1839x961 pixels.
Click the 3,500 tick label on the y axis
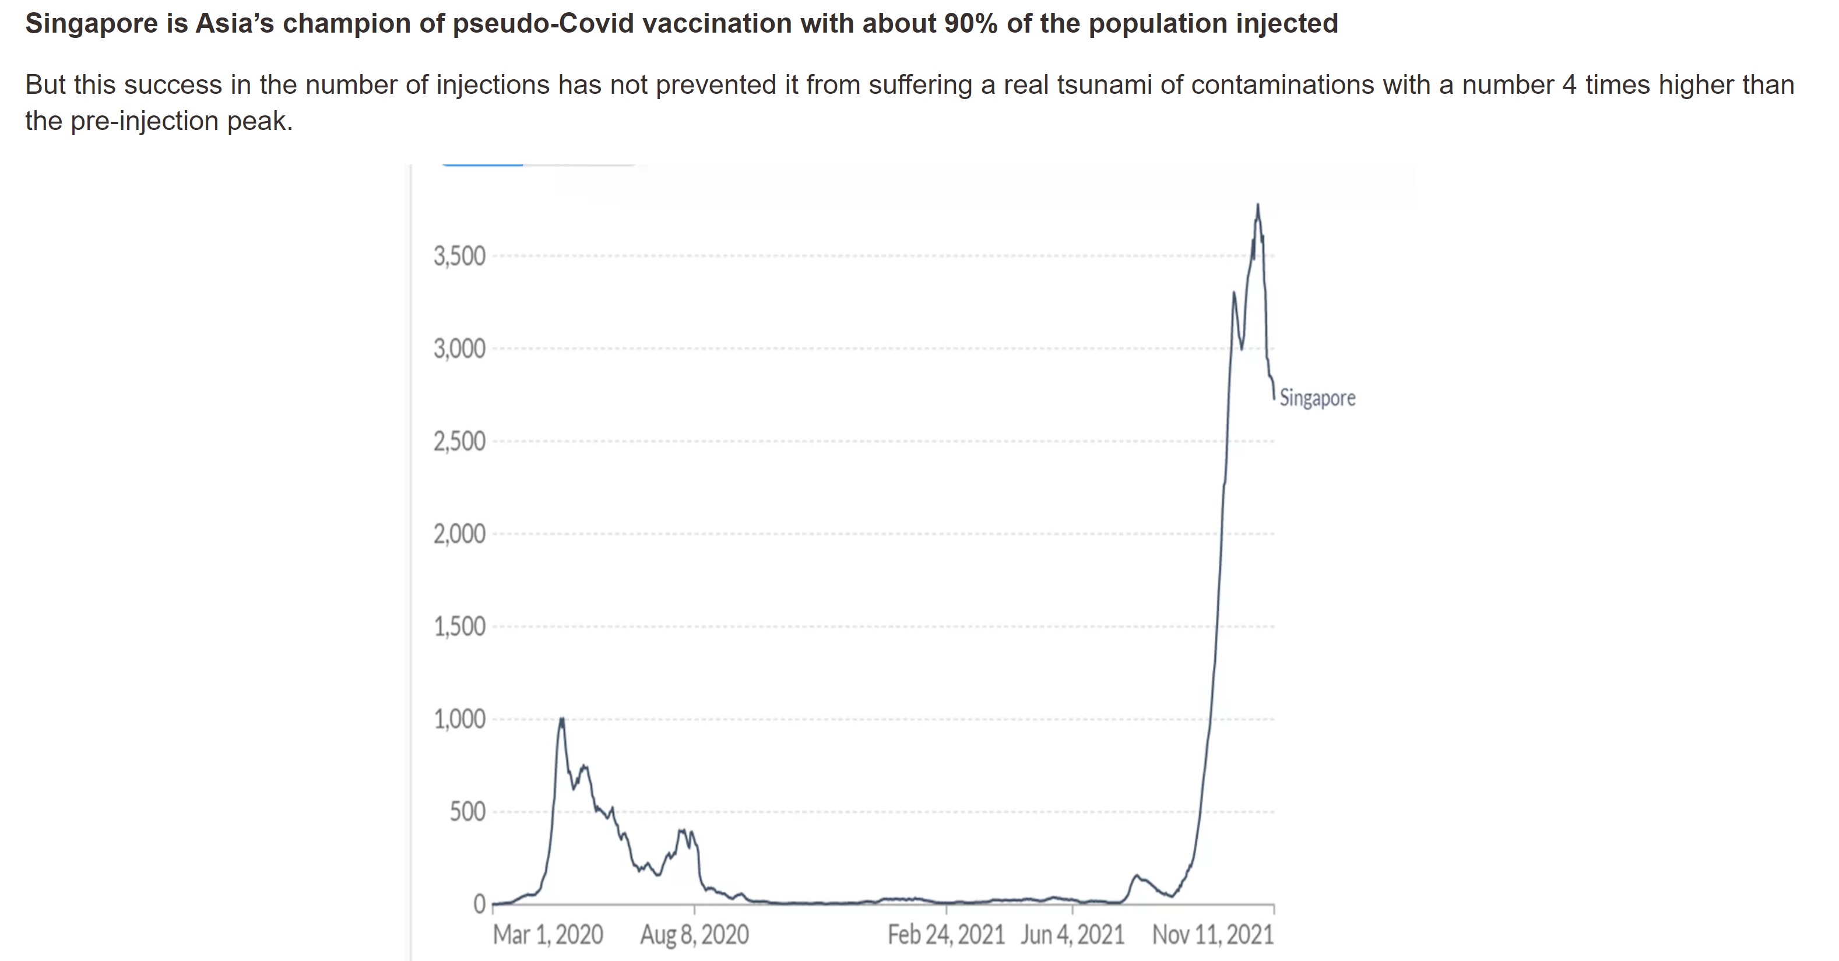point(459,256)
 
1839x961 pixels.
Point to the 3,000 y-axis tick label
point(459,349)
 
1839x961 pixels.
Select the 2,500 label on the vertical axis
point(459,442)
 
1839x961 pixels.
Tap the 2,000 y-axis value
point(459,534)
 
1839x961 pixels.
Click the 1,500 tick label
point(459,627)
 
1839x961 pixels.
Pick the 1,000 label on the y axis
point(459,719)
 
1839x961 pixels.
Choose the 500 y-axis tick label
point(467,812)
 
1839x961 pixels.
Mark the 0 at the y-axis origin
point(479,904)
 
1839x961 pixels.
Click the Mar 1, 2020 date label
point(547,935)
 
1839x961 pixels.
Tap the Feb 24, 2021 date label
point(946,935)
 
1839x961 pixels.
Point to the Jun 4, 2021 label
point(1073,935)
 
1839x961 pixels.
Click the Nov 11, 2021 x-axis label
point(1213,935)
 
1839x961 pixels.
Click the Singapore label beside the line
point(1317,397)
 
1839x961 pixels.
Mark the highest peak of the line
point(1258,206)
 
